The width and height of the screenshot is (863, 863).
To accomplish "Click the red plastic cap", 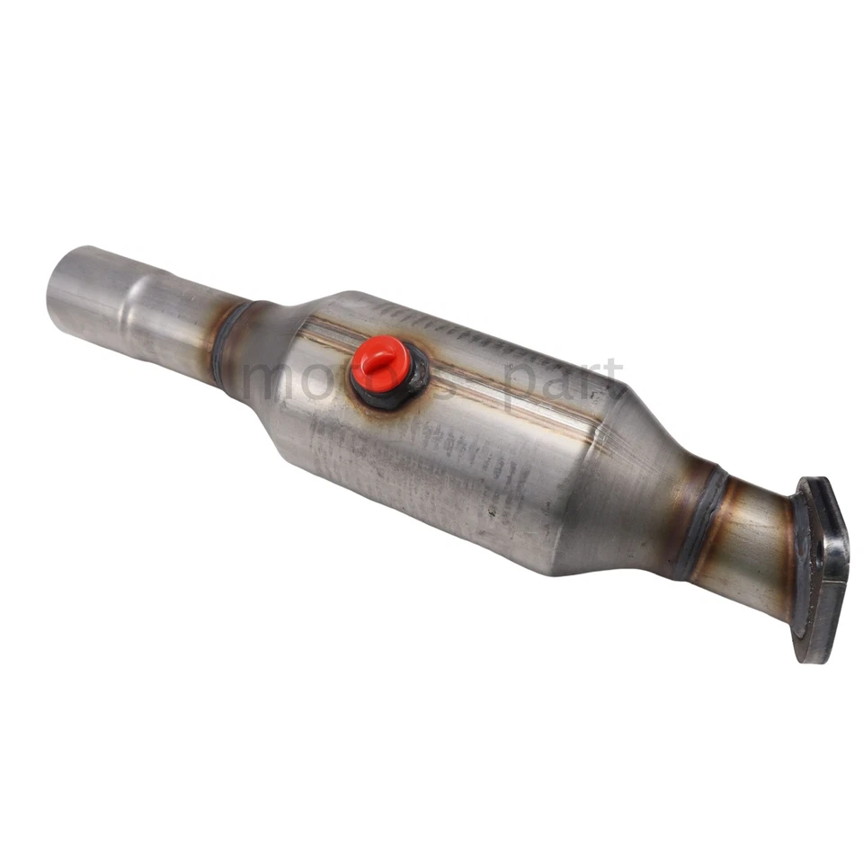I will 381,363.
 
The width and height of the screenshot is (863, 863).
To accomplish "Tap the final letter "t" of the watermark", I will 612,378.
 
